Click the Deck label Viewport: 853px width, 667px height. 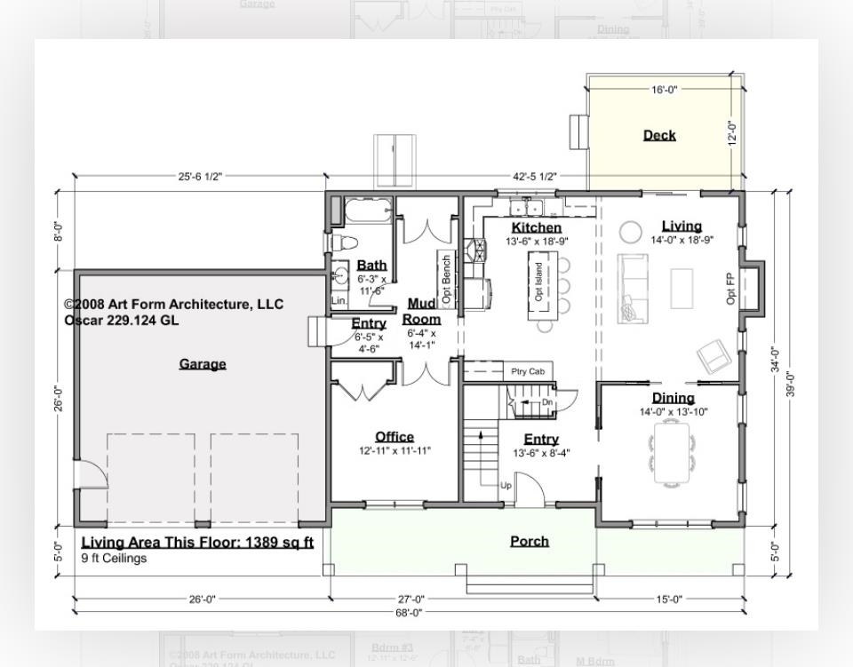659,135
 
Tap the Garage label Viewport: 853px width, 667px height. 203,364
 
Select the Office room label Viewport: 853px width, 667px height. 395,437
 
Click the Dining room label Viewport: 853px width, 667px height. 673,398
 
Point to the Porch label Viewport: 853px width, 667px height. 530,541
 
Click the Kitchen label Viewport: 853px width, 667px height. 537,228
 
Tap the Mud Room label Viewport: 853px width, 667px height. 422,312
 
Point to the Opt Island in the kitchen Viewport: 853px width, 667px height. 538,282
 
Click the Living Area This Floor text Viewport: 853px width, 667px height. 197,543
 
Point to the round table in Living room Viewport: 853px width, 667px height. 630,232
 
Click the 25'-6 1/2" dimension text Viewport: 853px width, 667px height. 200,177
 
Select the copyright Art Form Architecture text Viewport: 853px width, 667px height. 174,305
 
